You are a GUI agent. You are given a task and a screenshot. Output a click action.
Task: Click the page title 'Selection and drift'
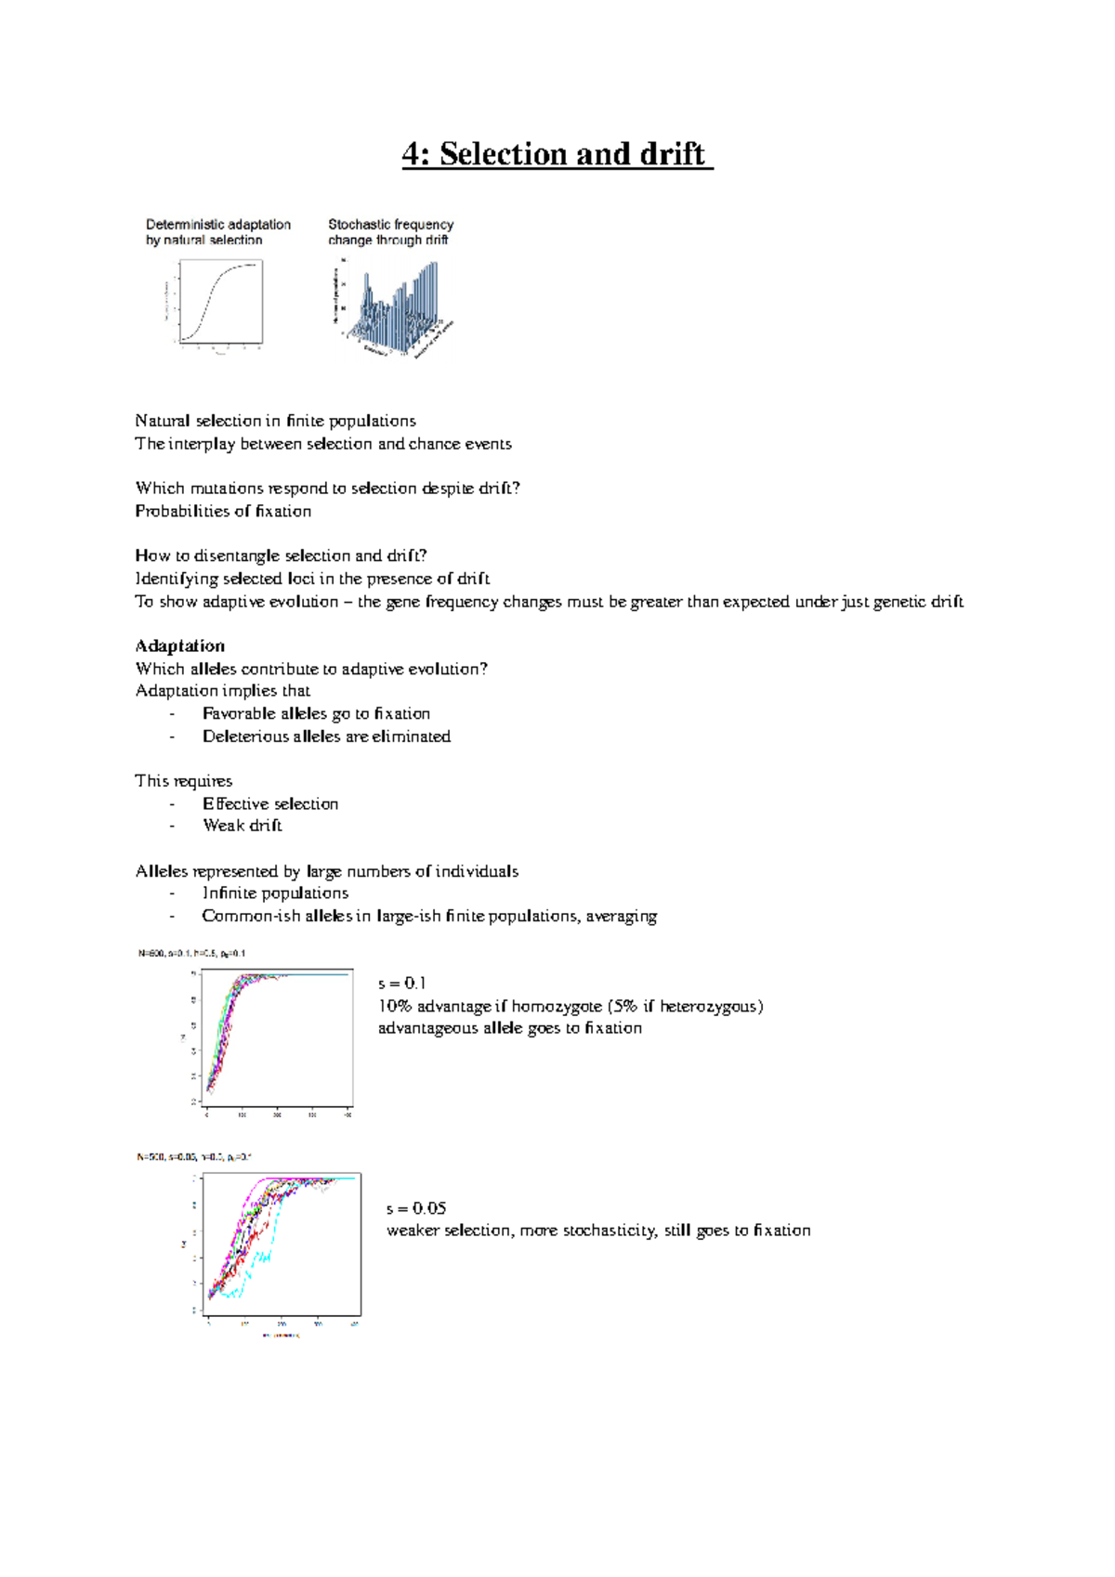(557, 154)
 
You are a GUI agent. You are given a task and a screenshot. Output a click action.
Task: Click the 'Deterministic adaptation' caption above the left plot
(217, 225)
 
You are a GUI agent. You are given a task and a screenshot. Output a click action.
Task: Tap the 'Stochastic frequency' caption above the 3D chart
(390, 225)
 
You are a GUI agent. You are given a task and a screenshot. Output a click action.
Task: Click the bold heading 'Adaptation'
(179, 645)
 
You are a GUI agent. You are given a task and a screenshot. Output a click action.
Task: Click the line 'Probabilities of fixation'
(223, 511)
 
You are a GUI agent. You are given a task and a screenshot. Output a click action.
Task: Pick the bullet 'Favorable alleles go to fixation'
(316, 713)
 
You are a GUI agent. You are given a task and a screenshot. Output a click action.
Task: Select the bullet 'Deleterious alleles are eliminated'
(326, 736)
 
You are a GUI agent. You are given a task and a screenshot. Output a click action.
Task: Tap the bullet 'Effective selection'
(270, 803)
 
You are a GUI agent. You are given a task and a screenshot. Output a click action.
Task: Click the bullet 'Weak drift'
(242, 826)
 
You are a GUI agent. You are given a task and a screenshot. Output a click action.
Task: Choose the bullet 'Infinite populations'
(275, 893)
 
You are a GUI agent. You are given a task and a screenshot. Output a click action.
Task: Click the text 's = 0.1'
(401, 983)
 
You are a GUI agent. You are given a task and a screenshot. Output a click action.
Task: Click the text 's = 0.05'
(415, 1208)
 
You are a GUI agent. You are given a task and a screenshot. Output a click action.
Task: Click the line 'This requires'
(183, 781)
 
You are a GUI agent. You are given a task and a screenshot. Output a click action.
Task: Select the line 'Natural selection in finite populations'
(275, 421)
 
